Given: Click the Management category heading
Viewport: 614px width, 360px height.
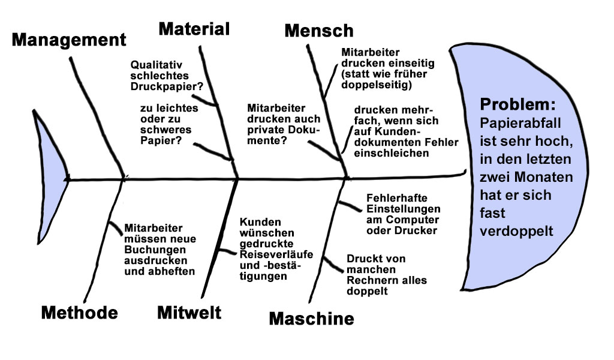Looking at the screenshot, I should click(x=69, y=40).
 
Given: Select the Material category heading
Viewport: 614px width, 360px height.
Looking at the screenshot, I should click(x=194, y=28).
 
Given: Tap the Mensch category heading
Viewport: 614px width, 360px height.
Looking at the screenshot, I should click(x=319, y=30).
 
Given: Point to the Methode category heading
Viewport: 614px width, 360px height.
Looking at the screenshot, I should click(x=79, y=313).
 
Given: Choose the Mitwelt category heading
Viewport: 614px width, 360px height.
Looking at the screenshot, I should click(x=189, y=312).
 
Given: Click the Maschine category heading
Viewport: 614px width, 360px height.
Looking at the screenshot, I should click(x=311, y=319).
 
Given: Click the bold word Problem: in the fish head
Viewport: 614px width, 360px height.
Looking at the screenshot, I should click(x=517, y=104).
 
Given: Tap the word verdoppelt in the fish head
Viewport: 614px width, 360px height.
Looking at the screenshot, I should click(x=516, y=232).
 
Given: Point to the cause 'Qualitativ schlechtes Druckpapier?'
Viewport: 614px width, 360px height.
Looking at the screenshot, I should click(x=167, y=75).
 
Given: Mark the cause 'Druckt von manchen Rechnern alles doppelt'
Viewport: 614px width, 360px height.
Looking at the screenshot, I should click(x=377, y=275).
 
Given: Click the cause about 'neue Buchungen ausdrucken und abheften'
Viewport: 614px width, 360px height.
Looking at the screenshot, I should click(x=160, y=250).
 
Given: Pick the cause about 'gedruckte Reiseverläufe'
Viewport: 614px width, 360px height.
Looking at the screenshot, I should click(x=276, y=248).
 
